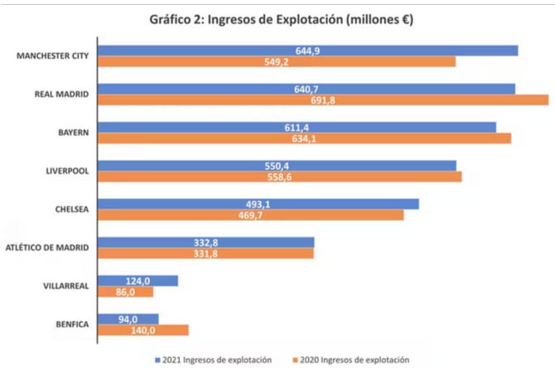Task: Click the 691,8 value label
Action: [324, 100]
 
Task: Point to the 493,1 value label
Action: [258, 204]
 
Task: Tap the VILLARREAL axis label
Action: [65, 286]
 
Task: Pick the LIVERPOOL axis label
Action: [68, 171]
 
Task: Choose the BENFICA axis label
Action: [71, 324]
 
